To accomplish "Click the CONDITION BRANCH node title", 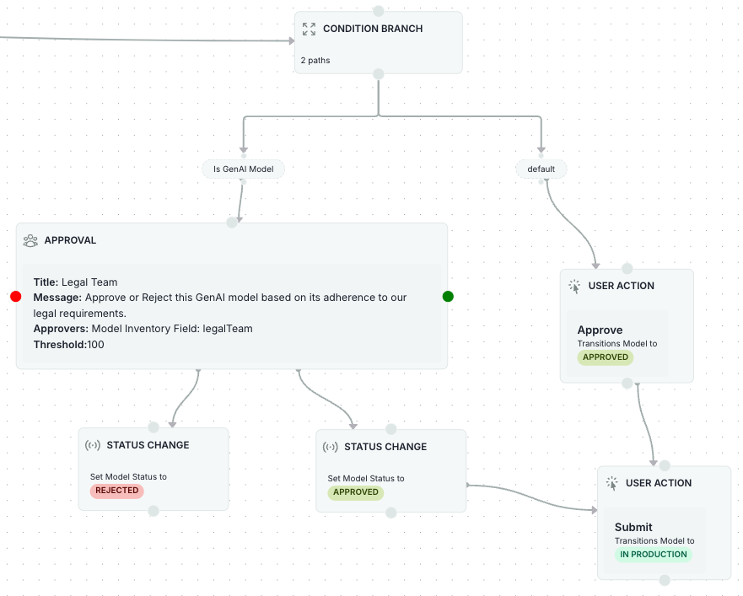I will [373, 29].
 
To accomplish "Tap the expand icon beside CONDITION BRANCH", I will [309, 29].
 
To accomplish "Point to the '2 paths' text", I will [315, 61].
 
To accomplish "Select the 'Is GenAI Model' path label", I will [243, 169].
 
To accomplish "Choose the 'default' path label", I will [541, 169].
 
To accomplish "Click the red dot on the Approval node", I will [15, 297].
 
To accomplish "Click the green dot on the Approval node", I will [448, 296].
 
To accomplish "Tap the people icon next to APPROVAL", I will [30, 240].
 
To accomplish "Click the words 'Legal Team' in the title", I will [89, 282].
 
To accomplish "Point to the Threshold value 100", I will [96, 345].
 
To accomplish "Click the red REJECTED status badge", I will [116, 491].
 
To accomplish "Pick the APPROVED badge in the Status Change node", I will [355, 492].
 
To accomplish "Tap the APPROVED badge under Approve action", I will [606, 357].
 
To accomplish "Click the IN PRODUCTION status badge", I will [654, 554].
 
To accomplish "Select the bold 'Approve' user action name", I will [600, 330].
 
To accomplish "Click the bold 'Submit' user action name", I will [633, 528].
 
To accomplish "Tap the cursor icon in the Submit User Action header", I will [612, 483].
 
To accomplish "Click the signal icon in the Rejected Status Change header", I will [93, 445].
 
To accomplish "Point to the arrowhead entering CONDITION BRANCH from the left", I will [289, 40].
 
